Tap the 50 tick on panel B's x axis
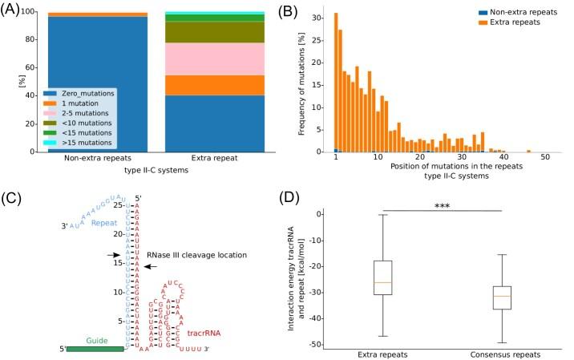tap(545, 160)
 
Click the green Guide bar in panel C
tap(95, 348)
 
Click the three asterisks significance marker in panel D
tap(442, 206)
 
